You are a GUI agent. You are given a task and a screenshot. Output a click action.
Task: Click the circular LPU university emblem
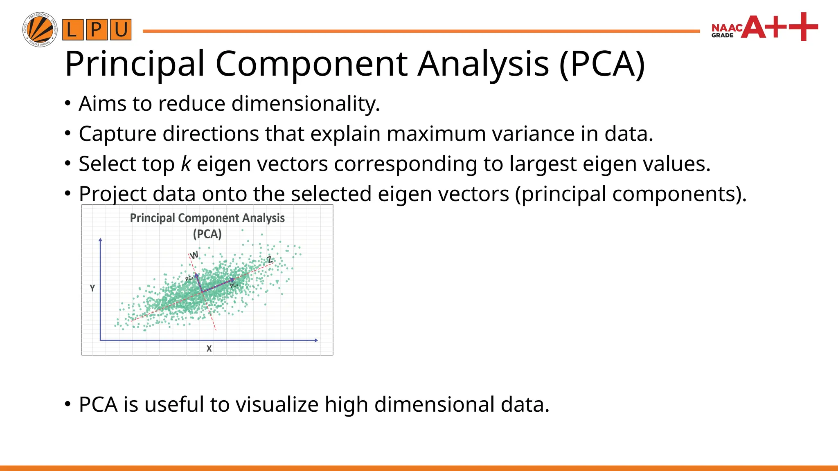(40, 29)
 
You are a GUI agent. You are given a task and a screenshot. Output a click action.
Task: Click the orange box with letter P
(97, 30)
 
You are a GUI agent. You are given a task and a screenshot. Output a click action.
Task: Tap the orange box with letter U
(121, 30)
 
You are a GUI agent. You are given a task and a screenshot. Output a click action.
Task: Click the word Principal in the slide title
(135, 64)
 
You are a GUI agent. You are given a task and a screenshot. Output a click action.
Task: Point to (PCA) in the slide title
(602, 64)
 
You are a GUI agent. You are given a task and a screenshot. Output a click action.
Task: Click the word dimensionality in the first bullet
(305, 103)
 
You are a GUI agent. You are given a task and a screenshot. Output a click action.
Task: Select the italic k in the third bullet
(185, 164)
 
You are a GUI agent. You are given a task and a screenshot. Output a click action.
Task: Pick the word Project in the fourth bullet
(113, 194)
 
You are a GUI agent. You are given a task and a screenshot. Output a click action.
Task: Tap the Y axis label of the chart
(92, 288)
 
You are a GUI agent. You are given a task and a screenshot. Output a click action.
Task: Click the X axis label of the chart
(209, 349)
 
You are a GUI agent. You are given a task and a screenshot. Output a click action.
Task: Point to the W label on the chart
(194, 255)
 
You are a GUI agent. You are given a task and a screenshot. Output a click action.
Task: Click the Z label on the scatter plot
(270, 260)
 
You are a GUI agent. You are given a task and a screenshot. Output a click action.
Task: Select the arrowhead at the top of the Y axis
(100, 240)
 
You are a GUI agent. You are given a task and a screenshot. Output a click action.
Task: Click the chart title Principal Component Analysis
(207, 218)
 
